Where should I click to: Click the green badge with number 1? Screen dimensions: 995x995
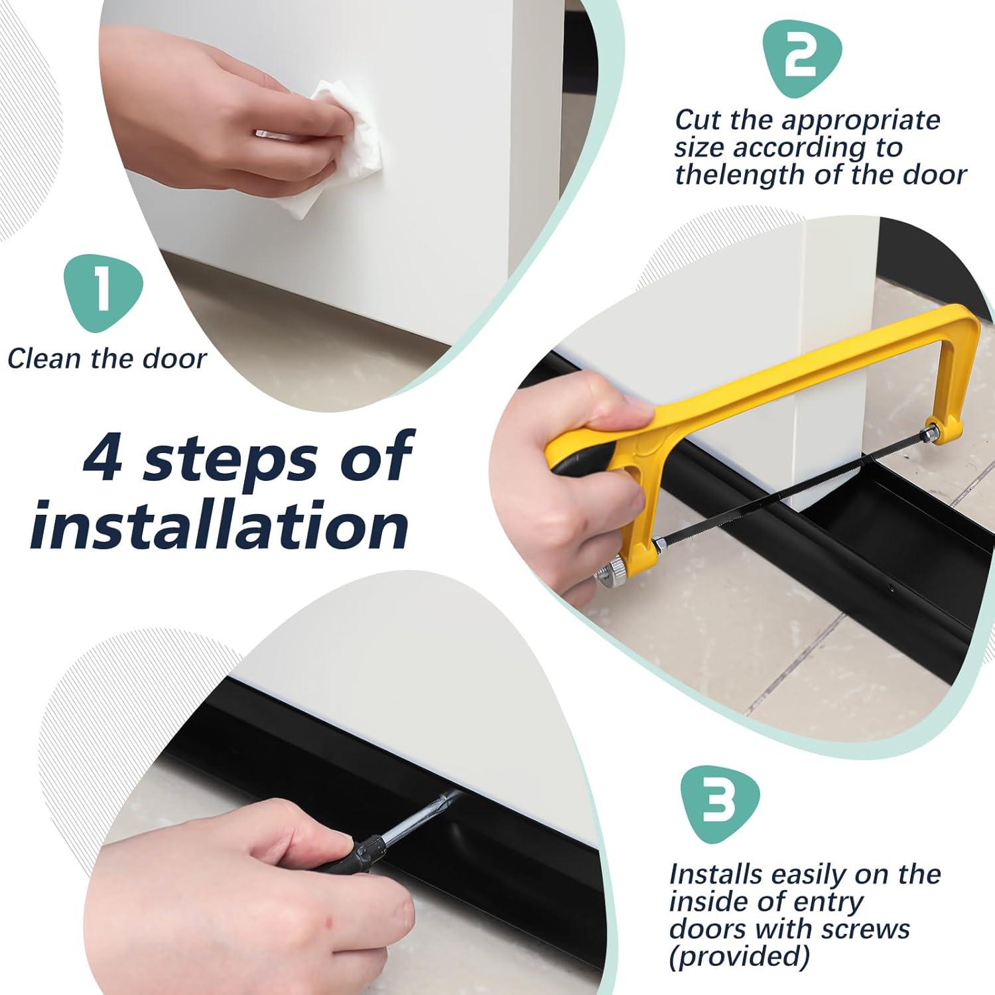[103, 293]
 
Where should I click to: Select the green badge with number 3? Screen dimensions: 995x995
[720, 803]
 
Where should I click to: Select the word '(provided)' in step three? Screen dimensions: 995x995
[740, 957]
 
